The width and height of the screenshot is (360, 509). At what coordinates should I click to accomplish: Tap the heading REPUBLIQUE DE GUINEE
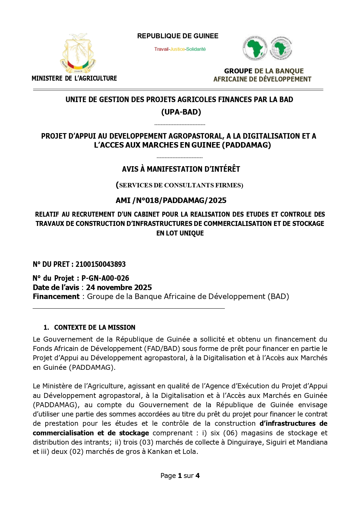178,36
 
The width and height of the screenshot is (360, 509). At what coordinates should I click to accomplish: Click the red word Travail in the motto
161,49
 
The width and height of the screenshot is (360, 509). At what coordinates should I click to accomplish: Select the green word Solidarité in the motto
196,49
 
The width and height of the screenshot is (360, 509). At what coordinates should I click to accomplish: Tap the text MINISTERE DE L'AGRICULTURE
74,78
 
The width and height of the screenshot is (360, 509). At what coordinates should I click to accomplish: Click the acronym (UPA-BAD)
181,112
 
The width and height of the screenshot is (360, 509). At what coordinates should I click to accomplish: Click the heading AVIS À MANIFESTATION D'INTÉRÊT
181,169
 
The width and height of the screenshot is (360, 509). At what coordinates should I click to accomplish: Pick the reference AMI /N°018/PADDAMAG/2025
171,200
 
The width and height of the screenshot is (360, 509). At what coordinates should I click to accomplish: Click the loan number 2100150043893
100,264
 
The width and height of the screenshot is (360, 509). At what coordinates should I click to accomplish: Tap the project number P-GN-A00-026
105,278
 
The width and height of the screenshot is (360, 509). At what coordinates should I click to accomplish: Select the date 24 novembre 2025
119,287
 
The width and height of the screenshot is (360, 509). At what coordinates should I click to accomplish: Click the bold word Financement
56,296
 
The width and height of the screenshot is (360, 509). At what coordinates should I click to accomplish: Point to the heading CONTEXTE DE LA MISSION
95,327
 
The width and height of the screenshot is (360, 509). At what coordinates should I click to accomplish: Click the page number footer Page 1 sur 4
180,476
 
